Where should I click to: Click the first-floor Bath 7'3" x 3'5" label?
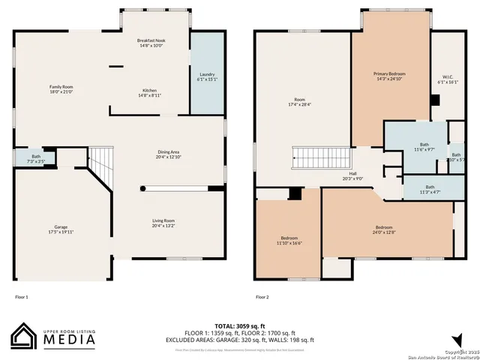pos(36,158)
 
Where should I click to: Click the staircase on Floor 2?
pos(321,158)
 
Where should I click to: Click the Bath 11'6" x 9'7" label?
pos(424,146)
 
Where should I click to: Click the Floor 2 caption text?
pos(262,298)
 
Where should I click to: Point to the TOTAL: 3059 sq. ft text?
pos(239,325)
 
